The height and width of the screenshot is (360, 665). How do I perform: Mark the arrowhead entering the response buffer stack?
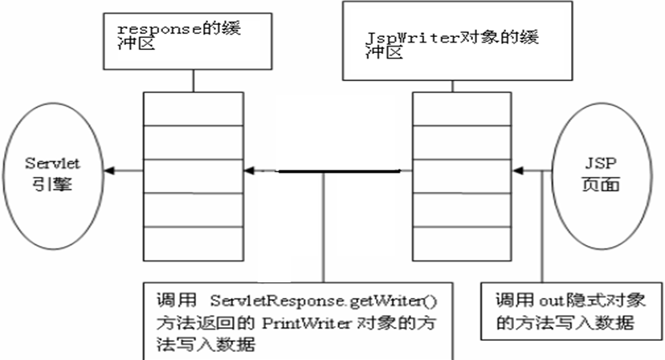pyautogui.click(x=251, y=170)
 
